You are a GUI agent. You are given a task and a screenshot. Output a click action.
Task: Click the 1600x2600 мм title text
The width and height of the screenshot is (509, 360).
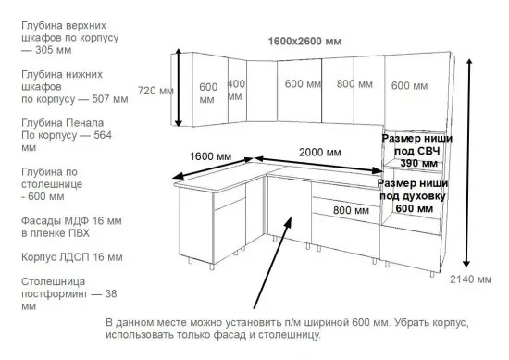[304, 42]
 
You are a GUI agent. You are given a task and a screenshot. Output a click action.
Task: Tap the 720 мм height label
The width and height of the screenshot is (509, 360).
[155, 91]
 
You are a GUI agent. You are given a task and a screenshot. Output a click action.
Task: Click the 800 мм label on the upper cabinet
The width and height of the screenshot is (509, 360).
[347, 84]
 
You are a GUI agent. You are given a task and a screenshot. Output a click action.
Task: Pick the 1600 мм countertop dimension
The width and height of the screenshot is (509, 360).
[211, 155]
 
